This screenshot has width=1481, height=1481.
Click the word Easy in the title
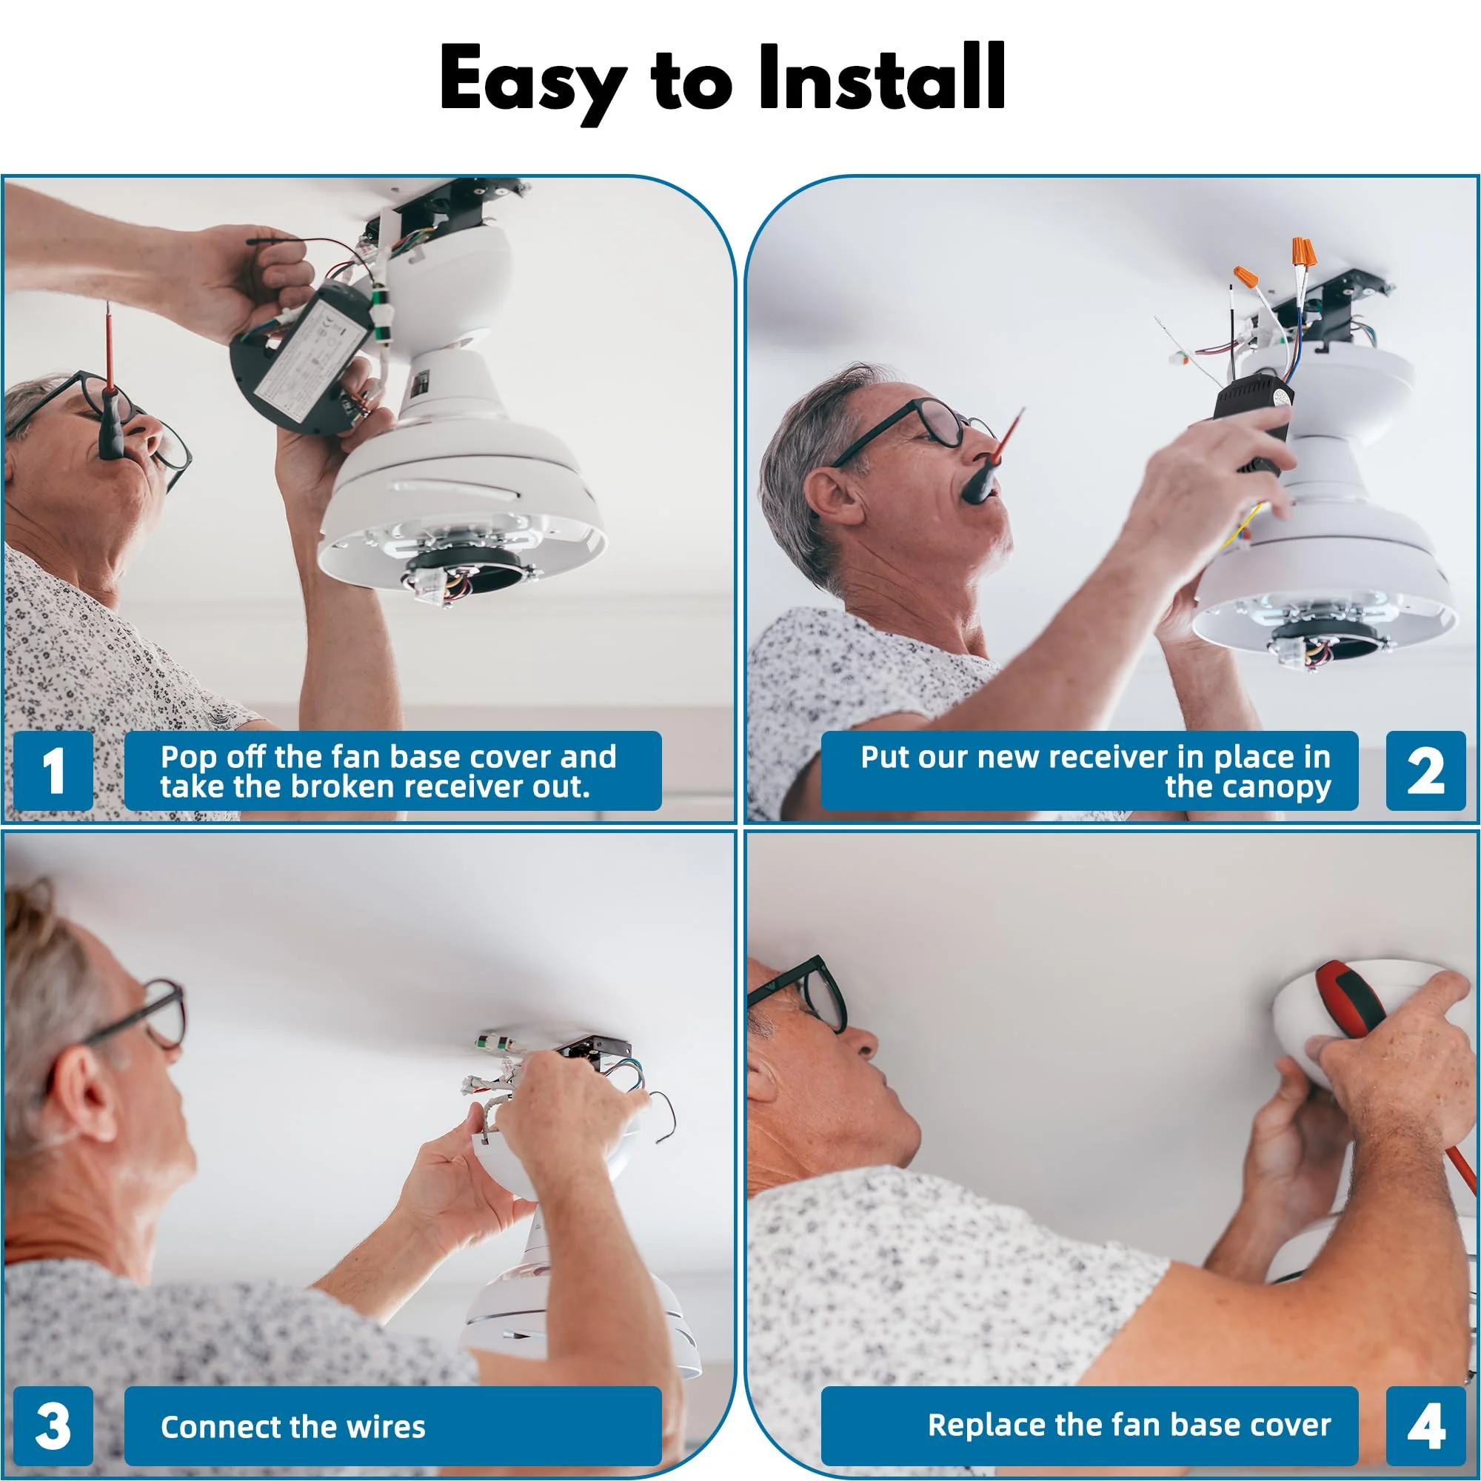pos(532,83)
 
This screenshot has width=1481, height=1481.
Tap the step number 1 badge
pos(53,770)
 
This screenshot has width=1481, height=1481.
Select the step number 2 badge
pos(1425,770)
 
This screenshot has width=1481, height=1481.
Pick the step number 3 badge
pos(53,1427)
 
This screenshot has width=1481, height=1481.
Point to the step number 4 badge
pos(1425,1427)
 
